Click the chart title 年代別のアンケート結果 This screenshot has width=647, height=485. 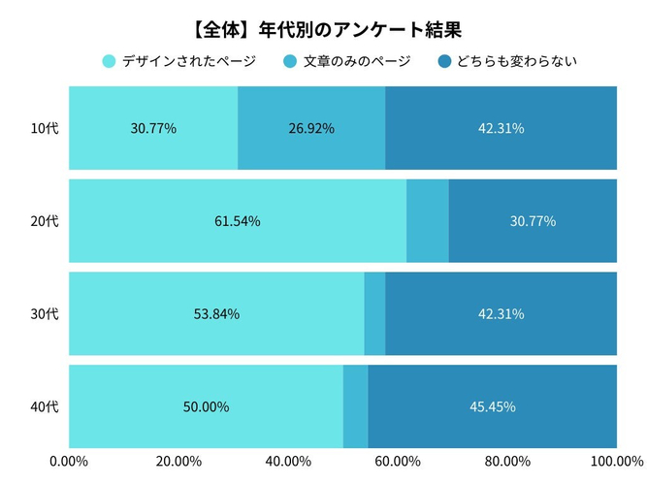click(323, 29)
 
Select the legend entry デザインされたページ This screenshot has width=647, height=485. click(178, 62)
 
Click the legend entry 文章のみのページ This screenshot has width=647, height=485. click(346, 62)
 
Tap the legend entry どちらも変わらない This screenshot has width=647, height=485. click(507, 62)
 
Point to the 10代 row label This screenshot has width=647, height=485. click(45, 128)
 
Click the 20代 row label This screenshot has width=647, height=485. click(45, 221)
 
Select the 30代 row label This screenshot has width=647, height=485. click(45, 314)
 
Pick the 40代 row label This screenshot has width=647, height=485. click(45, 406)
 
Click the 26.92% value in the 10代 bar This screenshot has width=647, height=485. click(311, 128)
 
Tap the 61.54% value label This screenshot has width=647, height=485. click(238, 221)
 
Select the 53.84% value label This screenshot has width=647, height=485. click(216, 314)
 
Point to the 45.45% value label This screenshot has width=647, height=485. click(493, 406)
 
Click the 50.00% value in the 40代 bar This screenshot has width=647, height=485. click(206, 406)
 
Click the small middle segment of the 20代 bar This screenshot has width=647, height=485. click(428, 221)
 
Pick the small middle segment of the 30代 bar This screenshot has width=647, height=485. click(374, 314)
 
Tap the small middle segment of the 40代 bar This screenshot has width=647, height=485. click(355, 406)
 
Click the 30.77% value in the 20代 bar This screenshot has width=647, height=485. click(533, 221)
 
